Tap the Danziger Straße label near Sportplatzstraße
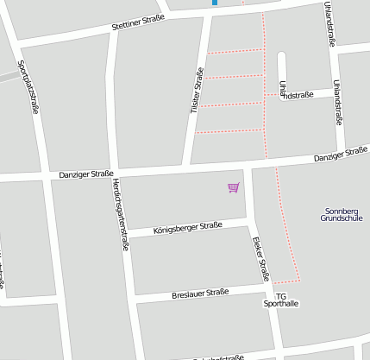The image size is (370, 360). click(85, 174)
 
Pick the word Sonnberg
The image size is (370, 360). click(342, 211)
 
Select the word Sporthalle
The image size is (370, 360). click(280, 304)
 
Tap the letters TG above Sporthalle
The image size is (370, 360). click(280, 295)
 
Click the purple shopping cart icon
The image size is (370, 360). click(233, 186)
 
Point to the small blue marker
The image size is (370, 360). click(215, 3)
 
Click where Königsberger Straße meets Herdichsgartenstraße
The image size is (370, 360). click(125, 233)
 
